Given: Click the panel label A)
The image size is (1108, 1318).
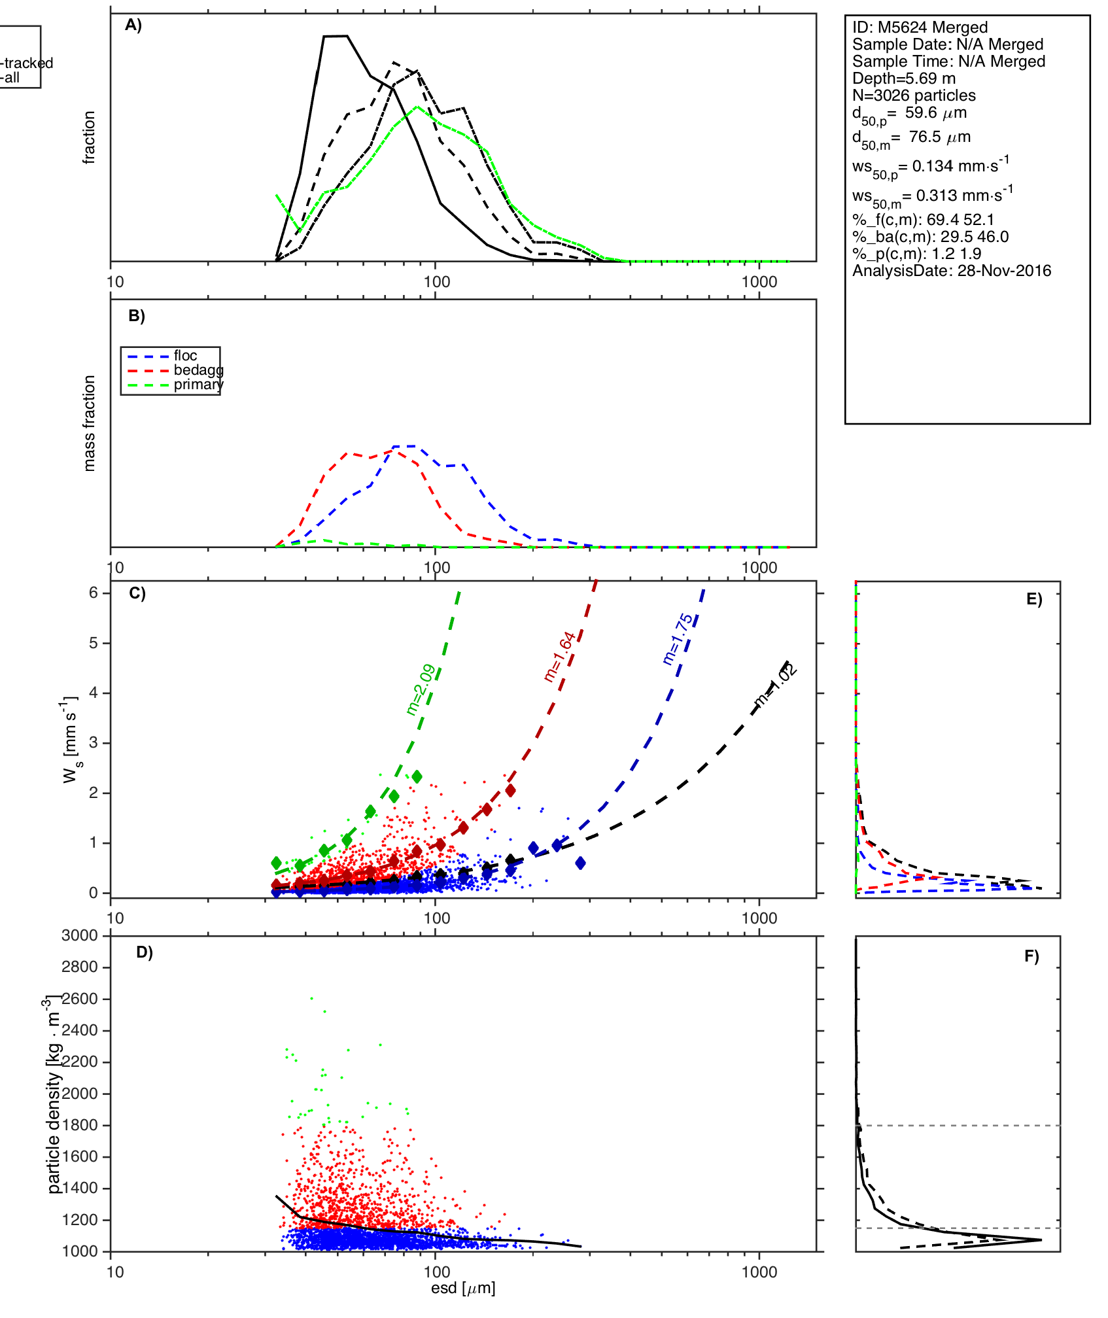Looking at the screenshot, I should point(133,25).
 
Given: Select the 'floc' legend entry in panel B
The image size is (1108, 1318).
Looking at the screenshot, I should point(185,356).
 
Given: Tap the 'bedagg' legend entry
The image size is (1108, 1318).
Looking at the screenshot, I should point(198,370).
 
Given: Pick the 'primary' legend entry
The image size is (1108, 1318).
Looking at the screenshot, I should point(198,385).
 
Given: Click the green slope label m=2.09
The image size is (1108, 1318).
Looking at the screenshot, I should point(421,690).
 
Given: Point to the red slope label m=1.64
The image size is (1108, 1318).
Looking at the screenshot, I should point(560,657).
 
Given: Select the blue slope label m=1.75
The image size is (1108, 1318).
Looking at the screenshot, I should point(678,639).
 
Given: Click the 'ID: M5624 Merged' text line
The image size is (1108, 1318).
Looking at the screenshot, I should point(920,27).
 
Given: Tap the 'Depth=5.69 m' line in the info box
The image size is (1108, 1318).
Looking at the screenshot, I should point(903,78).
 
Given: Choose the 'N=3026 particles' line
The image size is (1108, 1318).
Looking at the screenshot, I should point(914,95).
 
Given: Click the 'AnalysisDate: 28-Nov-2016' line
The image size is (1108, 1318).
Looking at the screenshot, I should point(951,271).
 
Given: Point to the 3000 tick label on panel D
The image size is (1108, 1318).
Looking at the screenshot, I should point(80,936).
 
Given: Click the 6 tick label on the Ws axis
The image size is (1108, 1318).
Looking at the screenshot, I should point(94,593).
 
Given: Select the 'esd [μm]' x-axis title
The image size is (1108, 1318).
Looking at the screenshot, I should point(463,1289).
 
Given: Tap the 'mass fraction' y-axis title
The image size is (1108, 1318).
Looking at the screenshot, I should point(90,423).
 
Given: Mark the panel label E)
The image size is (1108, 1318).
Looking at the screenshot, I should point(1034,600).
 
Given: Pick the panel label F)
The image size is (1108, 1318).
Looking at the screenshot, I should point(1031,957).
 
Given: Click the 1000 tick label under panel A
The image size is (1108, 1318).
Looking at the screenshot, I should point(759,283).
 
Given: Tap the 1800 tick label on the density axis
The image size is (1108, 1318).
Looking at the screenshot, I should point(80,1125).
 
